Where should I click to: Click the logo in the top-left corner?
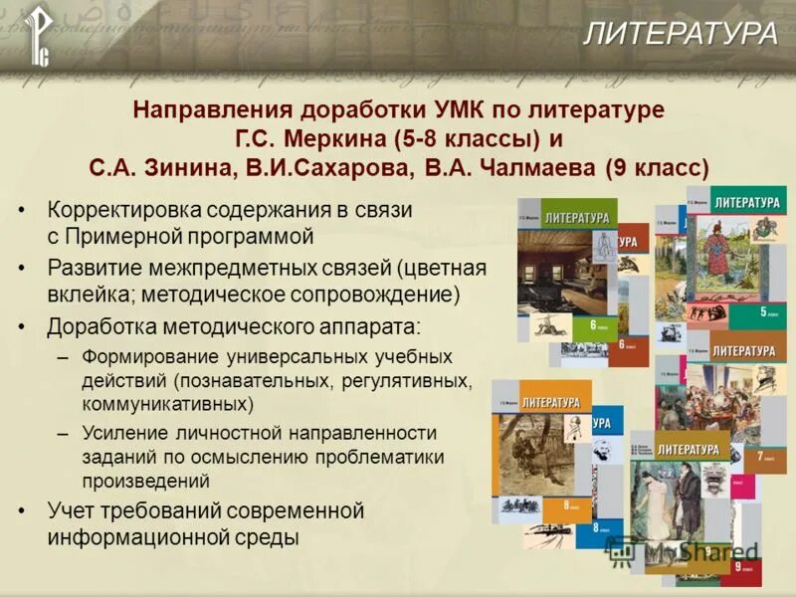pyautogui.click(x=38, y=36)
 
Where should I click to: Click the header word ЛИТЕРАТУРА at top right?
pyautogui.click(x=680, y=34)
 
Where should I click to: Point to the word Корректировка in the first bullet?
pyautogui.click(x=114, y=211)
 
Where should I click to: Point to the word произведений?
pyautogui.click(x=146, y=481)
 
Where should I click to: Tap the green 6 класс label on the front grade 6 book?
pyautogui.click(x=595, y=326)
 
